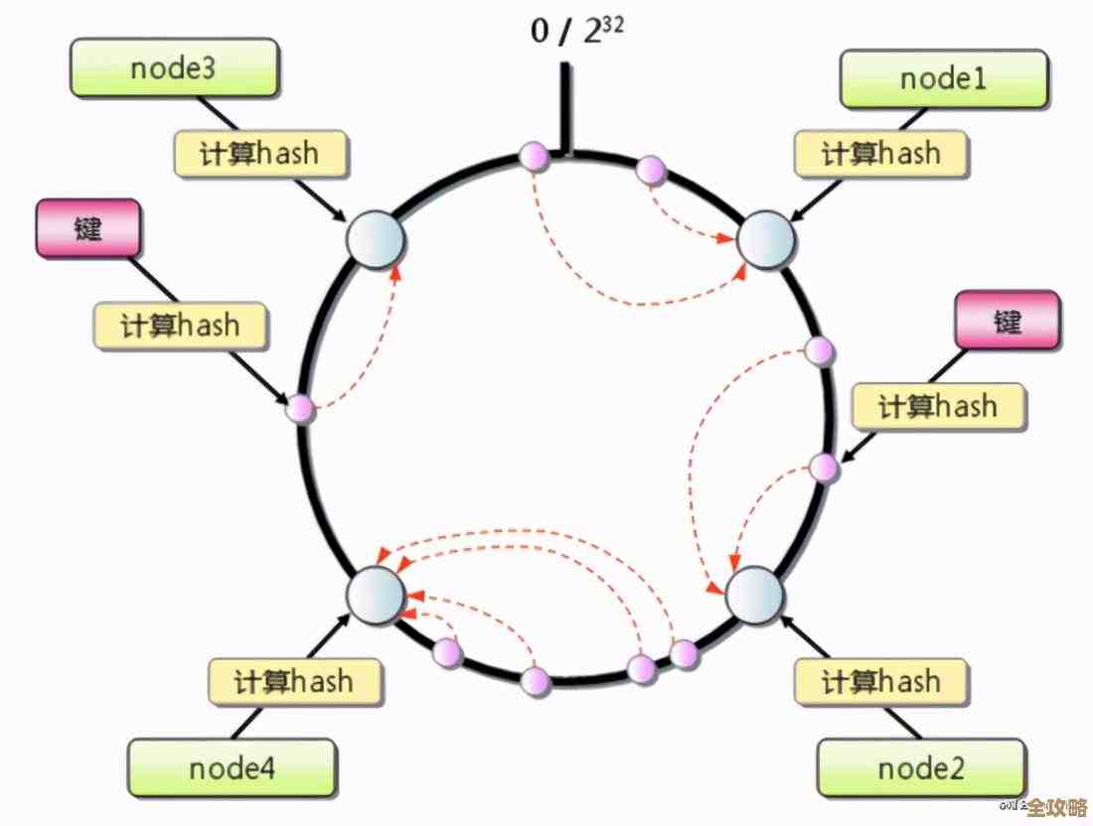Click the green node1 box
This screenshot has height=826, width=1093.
(x=943, y=79)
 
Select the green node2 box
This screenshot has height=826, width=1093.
(x=920, y=767)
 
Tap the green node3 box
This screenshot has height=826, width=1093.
(x=174, y=69)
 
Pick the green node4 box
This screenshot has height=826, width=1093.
(x=232, y=767)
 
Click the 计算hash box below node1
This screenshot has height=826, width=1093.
(x=880, y=154)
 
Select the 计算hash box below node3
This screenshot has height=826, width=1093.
(x=261, y=153)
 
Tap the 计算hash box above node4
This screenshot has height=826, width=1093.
(x=294, y=681)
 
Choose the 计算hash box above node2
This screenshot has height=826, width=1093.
(x=880, y=681)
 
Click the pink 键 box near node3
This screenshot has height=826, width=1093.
(x=88, y=229)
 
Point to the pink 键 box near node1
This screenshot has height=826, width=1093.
(x=1007, y=321)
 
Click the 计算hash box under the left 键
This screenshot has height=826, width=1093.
(x=180, y=326)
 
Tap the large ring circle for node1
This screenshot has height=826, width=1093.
(x=765, y=239)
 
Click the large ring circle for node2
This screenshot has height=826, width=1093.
(x=755, y=595)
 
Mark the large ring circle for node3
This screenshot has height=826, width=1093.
(x=375, y=239)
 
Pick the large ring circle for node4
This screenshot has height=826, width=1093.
(x=376, y=595)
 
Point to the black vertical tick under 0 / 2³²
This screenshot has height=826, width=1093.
(x=566, y=109)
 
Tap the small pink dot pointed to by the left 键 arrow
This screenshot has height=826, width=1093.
(x=300, y=408)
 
